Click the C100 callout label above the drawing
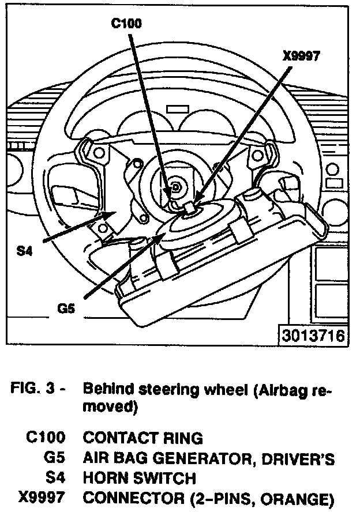tap(126, 24)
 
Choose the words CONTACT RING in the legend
tap(142, 438)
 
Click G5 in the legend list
tap(54, 458)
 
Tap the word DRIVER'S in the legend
tap(303, 458)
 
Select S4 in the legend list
tap(55, 477)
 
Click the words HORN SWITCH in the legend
tap(140, 477)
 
